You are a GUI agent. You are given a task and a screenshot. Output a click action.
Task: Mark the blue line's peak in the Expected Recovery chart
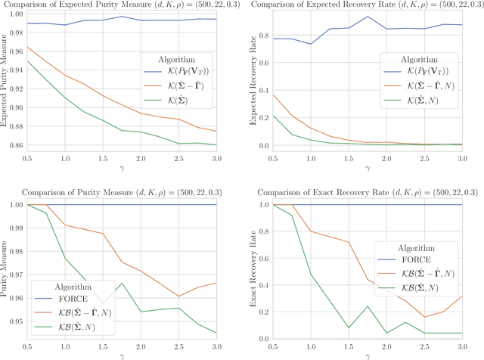[x=368, y=17]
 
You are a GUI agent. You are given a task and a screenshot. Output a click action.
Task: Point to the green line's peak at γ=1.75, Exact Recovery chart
[x=368, y=306]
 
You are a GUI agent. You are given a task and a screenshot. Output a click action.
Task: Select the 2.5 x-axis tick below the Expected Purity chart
[x=178, y=159]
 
